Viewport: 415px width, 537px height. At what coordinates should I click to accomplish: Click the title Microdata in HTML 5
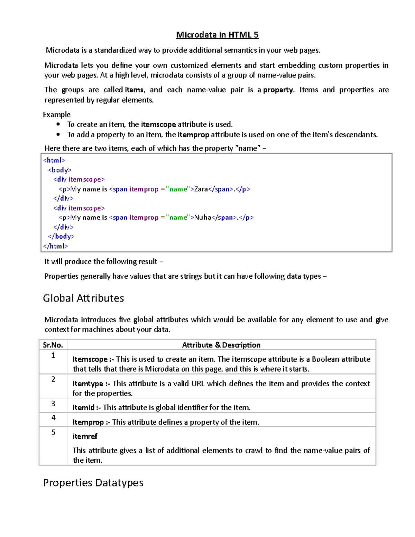tap(217, 35)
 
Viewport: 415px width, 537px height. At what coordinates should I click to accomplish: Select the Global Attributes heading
tap(83, 298)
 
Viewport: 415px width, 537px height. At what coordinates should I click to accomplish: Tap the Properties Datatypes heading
tap(93, 482)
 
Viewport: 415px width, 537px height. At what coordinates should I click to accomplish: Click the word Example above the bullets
tap(57, 114)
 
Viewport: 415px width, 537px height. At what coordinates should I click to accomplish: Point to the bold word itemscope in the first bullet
tap(158, 124)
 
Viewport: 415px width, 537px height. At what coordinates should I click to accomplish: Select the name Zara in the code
tap(201, 189)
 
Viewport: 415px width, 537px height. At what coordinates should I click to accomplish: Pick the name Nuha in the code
tap(203, 217)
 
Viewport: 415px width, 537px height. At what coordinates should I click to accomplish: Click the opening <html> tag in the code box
tap(54, 160)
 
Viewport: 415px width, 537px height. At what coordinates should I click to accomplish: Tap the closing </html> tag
tap(55, 246)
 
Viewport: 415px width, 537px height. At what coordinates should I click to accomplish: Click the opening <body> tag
tap(59, 170)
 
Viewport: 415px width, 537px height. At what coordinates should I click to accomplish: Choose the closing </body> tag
tap(61, 237)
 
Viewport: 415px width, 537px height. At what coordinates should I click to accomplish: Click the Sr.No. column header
tap(53, 345)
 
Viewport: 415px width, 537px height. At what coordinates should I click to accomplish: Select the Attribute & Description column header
tap(221, 345)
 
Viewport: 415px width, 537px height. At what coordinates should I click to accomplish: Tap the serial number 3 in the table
tap(53, 404)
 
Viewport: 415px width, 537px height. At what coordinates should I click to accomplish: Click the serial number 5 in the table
tap(53, 432)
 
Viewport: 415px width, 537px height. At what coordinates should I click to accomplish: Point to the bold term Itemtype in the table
tap(88, 384)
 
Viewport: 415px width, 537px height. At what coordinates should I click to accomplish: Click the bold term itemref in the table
tap(85, 436)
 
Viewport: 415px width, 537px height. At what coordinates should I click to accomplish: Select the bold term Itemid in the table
tap(83, 408)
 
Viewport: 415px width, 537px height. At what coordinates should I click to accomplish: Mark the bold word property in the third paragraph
tap(278, 90)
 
